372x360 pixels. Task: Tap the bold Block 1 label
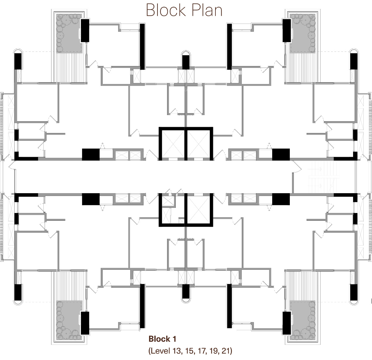click(162, 339)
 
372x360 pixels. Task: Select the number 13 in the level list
click(177, 351)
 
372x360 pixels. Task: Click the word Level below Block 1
click(161, 351)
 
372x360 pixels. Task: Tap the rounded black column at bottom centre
click(186, 291)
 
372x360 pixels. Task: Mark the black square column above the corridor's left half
click(91, 154)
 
